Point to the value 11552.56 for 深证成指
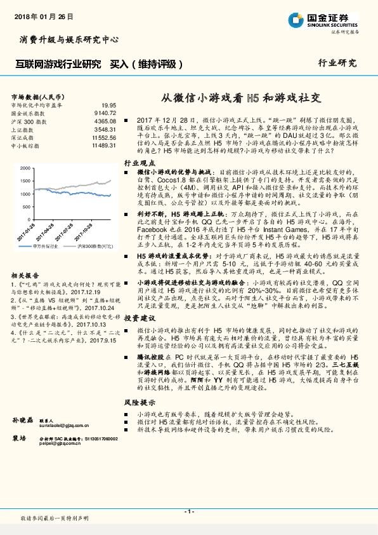(104, 137)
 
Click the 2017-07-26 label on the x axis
(56, 227)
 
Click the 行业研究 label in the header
(337, 64)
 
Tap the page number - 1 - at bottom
(188, 512)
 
